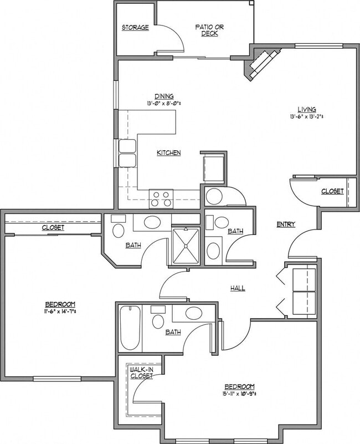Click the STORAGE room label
click(135, 27)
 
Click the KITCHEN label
click(168, 152)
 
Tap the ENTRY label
click(286, 224)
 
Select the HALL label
click(238, 288)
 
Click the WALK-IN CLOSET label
click(141, 372)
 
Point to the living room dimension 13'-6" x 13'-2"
click(306, 117)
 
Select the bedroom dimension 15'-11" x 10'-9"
click(239, 394)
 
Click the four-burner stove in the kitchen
click(161, 198)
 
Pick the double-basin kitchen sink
click(127, 153)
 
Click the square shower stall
click(186, 246)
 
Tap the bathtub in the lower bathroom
click(130, 328)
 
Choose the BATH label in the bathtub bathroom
click(173, 333)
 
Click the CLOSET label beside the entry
click(332, 191)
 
